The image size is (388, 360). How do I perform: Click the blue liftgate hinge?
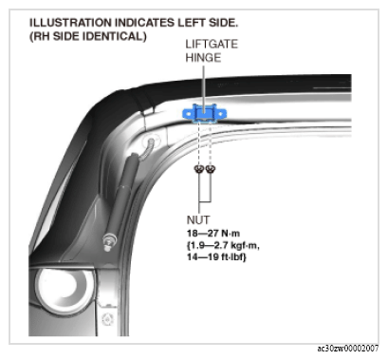click(x=205, y=113)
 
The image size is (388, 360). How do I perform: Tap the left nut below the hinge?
click(x=199, y=169)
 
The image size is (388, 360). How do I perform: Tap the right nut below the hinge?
click(x=211, y=169)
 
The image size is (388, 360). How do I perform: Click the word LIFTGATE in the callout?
click(x=212, y=44)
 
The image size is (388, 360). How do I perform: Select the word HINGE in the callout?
click(x=203, y=58)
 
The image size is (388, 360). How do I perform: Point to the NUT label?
click(x=198, y=219)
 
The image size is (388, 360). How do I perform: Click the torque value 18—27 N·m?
click(x=213, y=234)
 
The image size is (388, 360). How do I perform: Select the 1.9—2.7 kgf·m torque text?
click(x=223, y=245)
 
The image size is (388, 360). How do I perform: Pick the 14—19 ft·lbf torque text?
click(x=216, y=256)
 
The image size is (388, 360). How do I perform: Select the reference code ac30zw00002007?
click(x=348, y=349)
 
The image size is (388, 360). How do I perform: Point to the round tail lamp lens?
click(x=65, y=291)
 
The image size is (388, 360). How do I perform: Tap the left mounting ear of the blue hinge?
click(x=188, y=113)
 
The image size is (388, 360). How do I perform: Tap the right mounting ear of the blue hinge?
click(x=222, y=113)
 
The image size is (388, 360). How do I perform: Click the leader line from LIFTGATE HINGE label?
click(x=204, y=87)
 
